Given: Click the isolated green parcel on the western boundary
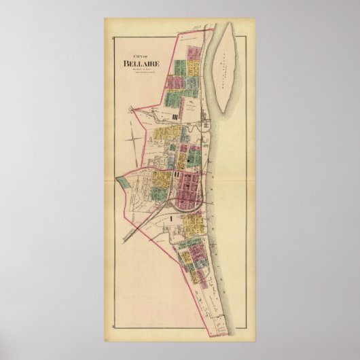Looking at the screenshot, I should (123, 181).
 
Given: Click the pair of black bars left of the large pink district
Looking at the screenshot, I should (177, 174).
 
